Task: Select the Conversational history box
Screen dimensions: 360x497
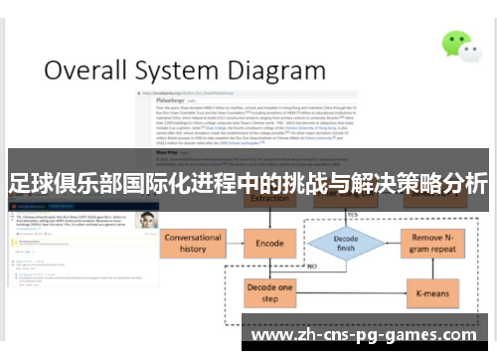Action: [193, 244]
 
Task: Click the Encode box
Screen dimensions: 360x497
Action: [270, 243]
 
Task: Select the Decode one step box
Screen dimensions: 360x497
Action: [270, 292]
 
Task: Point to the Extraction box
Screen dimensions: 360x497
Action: [270, 200]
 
